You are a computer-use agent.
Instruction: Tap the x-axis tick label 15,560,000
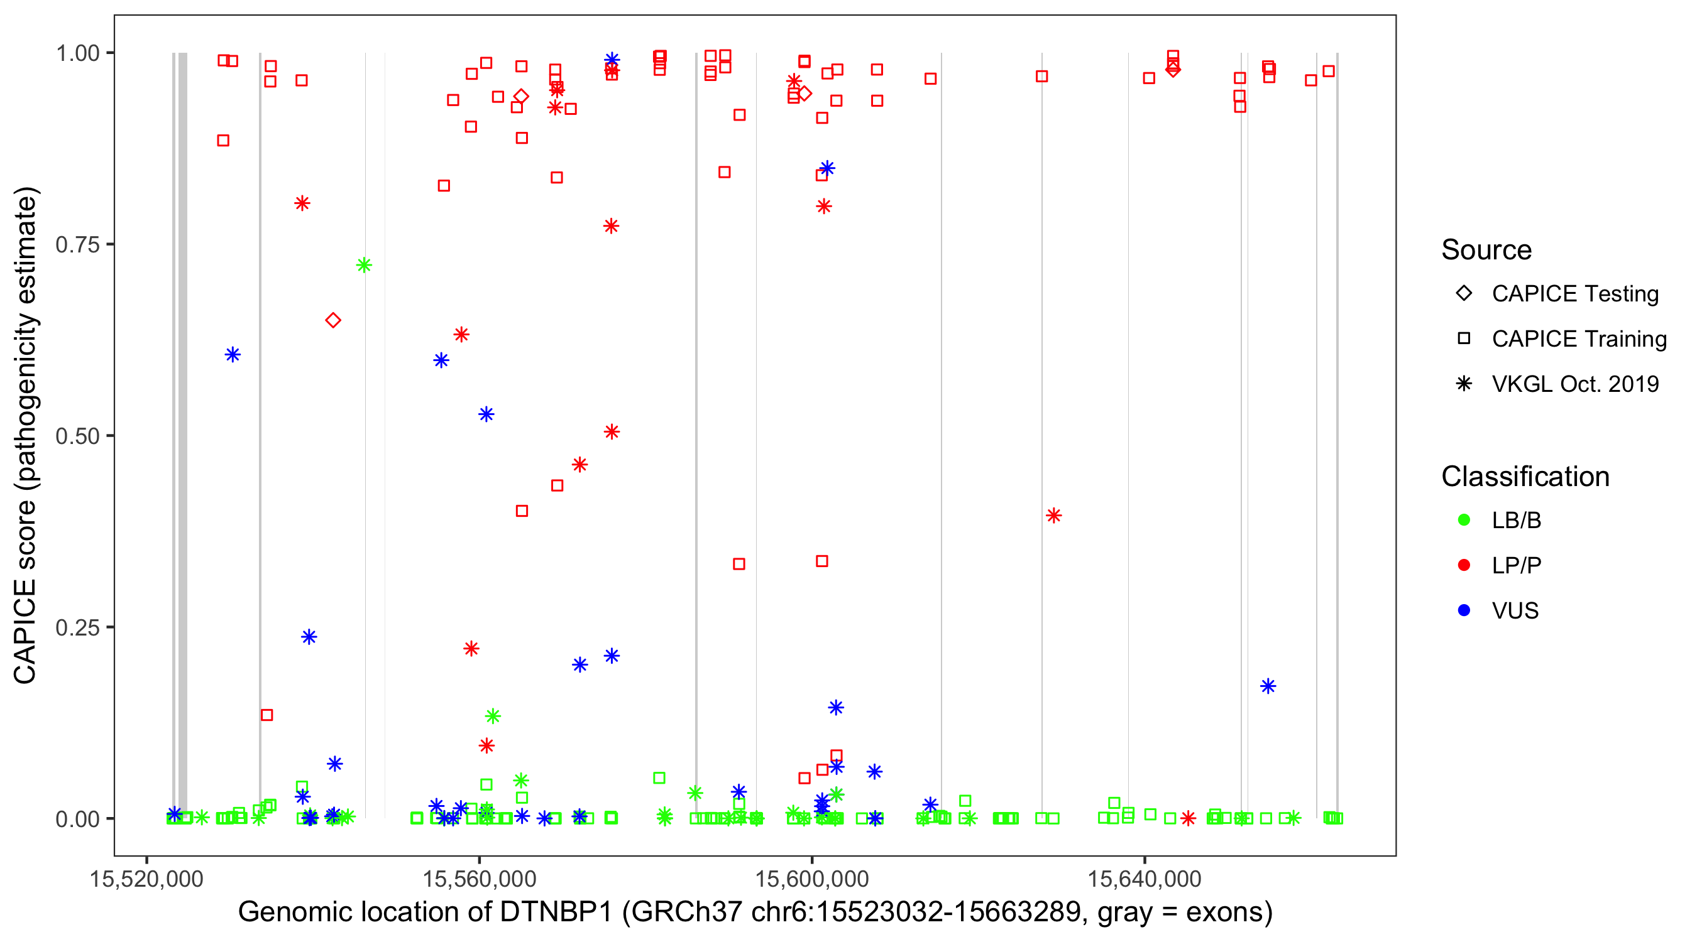point(479,879)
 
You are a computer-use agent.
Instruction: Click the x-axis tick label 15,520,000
point(146,879)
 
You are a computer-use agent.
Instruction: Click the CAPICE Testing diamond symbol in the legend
point(1464,294)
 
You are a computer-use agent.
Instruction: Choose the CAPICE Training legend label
point(1579,339)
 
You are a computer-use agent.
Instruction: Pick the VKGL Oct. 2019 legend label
point(1575,384)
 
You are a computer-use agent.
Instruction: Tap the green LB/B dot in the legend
point(1464,520)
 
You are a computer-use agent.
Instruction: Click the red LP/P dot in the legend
point(1464,565)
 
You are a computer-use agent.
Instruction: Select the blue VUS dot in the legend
point(1464,610)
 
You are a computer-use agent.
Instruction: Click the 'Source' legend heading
point(1486,250)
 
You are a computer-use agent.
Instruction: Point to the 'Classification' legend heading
point(1525,477)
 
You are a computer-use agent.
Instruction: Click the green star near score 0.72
point(364,265)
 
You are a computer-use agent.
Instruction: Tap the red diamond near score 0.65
point(333,320)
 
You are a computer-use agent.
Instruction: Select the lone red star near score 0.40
point(1053,516)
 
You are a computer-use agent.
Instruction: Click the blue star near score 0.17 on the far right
point(1268,686)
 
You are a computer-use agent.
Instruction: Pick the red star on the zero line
point(1188,818)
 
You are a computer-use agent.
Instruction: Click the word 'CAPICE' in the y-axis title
point(25,631)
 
